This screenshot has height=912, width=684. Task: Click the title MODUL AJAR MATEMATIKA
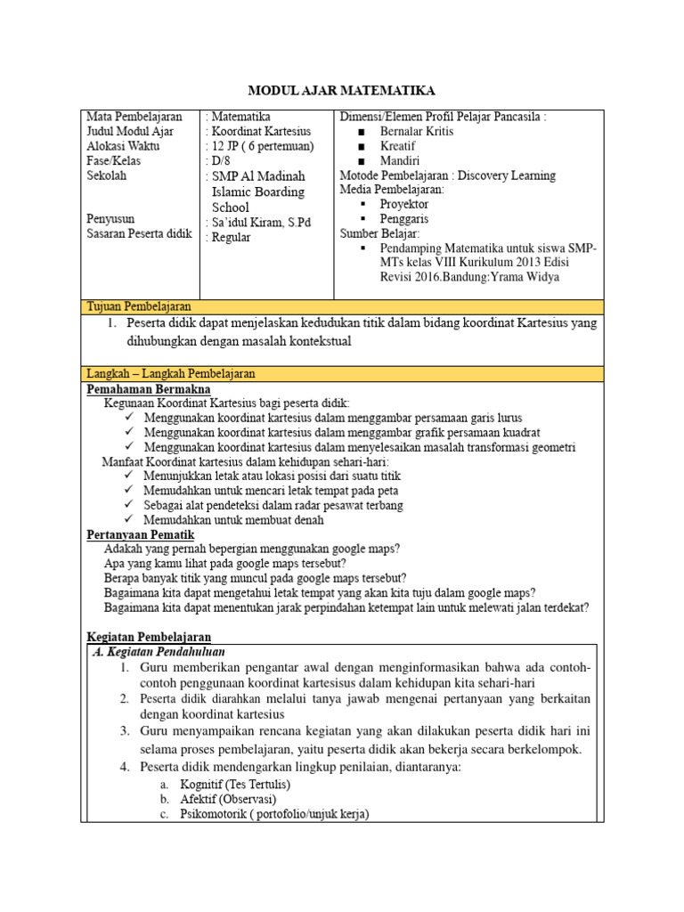(341, 91)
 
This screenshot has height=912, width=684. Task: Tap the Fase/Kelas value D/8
(218, 161)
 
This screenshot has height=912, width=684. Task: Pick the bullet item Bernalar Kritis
(417, 132)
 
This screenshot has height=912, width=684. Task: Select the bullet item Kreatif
(398, 146)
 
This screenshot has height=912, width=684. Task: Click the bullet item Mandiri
(400, 161)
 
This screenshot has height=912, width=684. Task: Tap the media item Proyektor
(403, 205)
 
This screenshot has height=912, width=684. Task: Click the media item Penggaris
(404, 219)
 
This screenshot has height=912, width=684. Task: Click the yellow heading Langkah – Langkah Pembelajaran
(171, 374)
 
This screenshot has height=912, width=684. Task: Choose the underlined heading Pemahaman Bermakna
(148, 389)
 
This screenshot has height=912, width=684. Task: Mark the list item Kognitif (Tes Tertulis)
(235, 785)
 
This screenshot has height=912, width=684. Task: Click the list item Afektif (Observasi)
(227, 799)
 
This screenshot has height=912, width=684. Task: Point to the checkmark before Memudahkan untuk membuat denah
(130, 520)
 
